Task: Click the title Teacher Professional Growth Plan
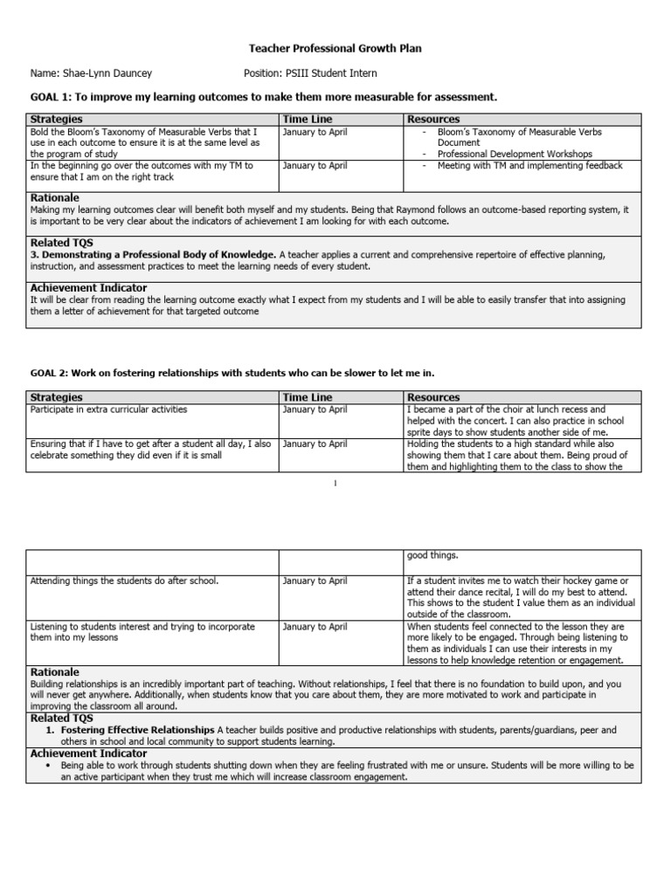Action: click(335, 49)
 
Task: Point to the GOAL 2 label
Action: click(52, 373)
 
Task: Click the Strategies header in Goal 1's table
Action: click(57, 119)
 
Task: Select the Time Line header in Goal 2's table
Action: click(308, 397)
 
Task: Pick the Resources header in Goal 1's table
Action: click(433, 119)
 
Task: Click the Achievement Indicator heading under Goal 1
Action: click(88, 287)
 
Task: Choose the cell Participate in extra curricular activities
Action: click(108, 409)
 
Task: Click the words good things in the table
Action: click(432, 554)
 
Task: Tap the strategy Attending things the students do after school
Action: click(124, 581)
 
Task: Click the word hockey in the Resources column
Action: click(576, 581)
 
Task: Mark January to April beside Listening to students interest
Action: click(315, 627)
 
